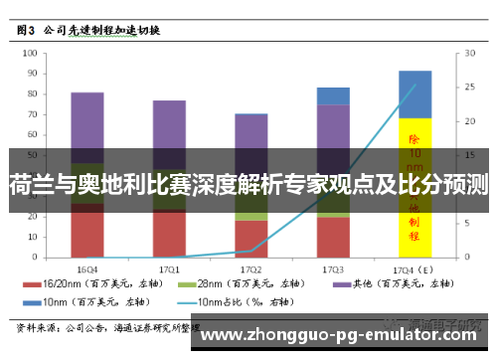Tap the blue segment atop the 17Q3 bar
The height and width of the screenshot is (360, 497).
[x=333, y=95]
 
